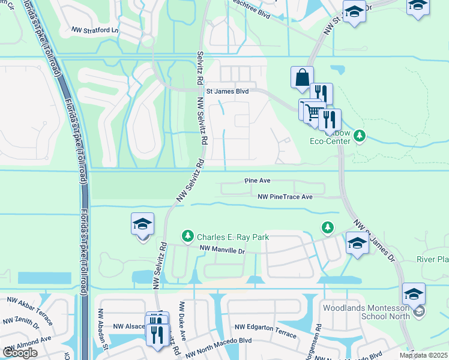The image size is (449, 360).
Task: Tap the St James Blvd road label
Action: click(x=227, y=92)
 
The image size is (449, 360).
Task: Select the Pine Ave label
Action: click(x=258, y=180)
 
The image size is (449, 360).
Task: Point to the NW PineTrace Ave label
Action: click(x=285, y=196)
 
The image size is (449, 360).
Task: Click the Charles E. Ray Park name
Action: click(x=234, y=237)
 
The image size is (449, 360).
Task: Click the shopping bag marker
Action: click(x=301, y=77)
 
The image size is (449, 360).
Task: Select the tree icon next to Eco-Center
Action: click(x=360, y=136)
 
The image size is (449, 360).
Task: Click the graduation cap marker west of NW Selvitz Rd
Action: click(x=142, y=224)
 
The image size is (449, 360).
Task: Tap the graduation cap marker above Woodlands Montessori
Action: click(x=414, y=295)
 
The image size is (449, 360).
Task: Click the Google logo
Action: click(x=20, y=353)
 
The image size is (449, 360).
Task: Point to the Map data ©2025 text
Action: click(x=423, y=355)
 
